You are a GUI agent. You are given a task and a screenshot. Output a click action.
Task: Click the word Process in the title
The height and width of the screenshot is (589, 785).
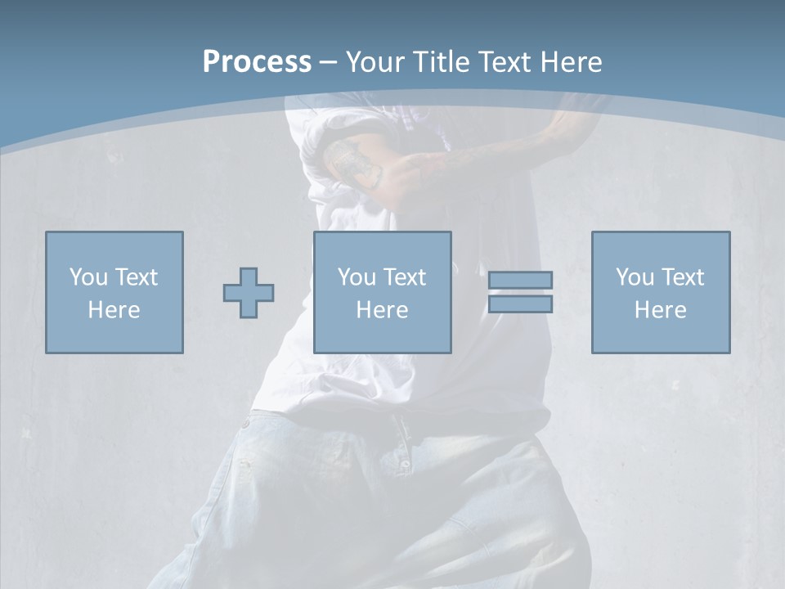click(x=257, y=62)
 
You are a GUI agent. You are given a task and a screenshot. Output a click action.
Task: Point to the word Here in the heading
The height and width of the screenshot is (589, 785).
click(x=572, y=62)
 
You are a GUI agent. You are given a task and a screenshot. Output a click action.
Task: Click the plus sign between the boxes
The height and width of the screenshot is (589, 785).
click(x=249, y=293)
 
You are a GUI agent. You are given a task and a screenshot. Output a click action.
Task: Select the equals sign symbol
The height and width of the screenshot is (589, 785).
click(x=520, y=292)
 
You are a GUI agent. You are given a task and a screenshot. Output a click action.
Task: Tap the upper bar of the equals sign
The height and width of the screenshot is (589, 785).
click(x=520, y=281)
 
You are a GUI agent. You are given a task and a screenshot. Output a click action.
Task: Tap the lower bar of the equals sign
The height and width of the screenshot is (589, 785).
click(x=520, y=303)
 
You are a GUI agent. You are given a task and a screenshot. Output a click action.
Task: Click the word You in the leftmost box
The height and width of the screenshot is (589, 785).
click(x=87, y=277)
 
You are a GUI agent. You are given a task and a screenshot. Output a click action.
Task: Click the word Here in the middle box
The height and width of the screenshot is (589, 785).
click(x=382, y=310)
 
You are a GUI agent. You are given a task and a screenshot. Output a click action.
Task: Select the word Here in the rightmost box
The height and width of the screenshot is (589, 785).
click(x=660, y=310)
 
